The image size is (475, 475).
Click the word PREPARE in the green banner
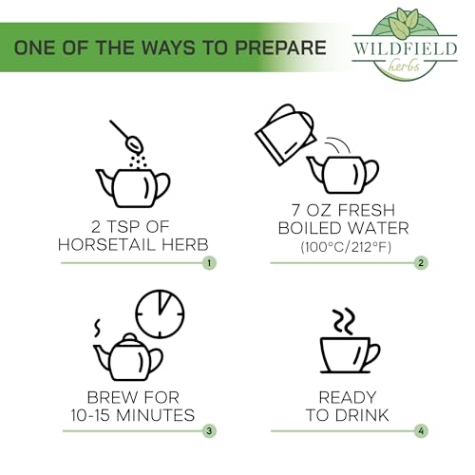coord(280,47)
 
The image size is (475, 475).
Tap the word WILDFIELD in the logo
coord(405,48)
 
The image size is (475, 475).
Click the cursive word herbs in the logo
coord(405,66)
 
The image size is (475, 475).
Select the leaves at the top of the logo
coord(403,21)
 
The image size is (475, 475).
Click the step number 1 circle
coord(209,263)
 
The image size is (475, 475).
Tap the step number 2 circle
coord(421,263)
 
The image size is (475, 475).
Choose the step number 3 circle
coord(209,430)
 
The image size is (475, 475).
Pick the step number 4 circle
coord(421,430)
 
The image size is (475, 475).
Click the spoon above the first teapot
coord(126,136)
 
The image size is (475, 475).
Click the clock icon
coord(160,313)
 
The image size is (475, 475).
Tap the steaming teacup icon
coord(350,354)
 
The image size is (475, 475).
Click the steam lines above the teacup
coord(343,320)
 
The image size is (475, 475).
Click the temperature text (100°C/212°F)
coord(346,247)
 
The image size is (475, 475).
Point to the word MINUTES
coord(155,415)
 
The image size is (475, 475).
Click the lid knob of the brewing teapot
coord(128,336)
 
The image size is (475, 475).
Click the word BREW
coord(111,397)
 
